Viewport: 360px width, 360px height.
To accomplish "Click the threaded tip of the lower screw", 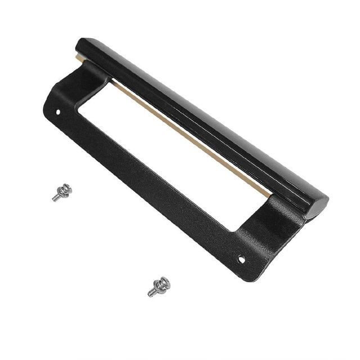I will (x=150, y=294).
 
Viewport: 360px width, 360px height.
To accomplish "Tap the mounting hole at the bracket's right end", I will (x=242, y=260).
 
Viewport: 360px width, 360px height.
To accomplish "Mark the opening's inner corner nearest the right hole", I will (x=233, y=231).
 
